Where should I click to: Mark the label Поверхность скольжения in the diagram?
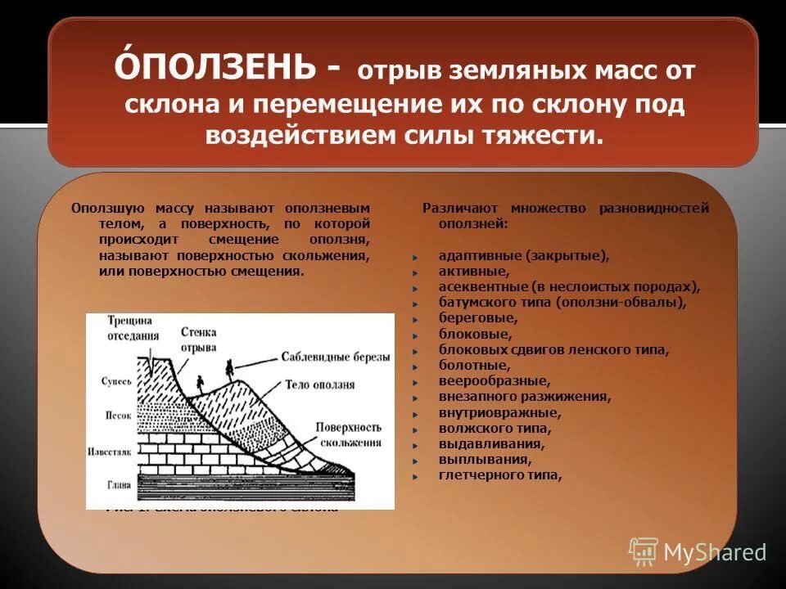click(x=349, y=434)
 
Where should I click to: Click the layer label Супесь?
click(x=116, y=381)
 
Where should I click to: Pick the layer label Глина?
click(x=118, y=484)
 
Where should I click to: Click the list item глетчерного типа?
click(x=499, y=474)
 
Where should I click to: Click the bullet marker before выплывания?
click(x=417, y=460)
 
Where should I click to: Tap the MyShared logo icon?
click(x=644, y=552)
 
